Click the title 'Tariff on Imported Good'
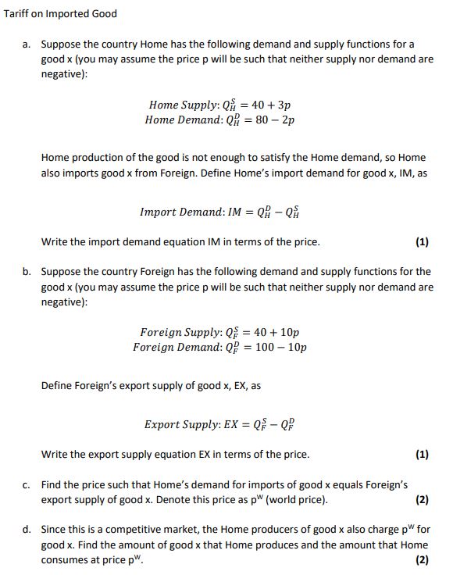coord(60,13)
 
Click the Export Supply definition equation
coord(219,424)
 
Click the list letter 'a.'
coord(27,45)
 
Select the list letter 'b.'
coord(27,272)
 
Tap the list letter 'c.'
coord(27,485)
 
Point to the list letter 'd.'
coord(27,530)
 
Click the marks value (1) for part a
coord(422,241)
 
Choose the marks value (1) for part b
coord(422,454)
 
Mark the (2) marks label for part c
coord(422,500)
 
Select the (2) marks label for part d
coord(422,560)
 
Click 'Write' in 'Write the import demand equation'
coord(55,241)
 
